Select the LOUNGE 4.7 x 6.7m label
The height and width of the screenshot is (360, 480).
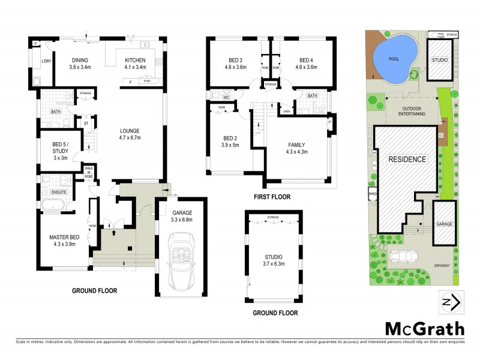point(129,134)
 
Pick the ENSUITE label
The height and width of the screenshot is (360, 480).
point(58,192)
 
